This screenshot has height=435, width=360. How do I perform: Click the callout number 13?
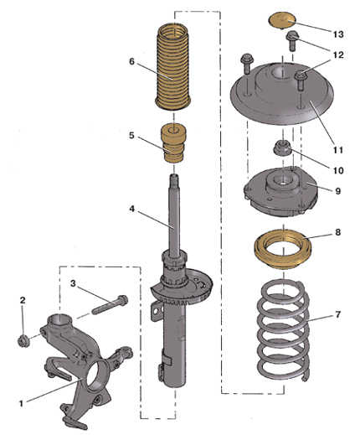[x=338, y=34]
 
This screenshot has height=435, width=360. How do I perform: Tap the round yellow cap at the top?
[x=282, y=20]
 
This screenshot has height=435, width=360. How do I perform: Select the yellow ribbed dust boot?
[x=173, y=67]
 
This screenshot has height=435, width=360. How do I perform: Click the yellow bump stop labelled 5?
[x=173, y=144]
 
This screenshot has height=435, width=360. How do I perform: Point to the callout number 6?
[x=132, y=61]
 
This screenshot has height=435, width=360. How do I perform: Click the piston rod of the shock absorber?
[x=173, y=215]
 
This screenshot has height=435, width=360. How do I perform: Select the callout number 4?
[x=132, y=209]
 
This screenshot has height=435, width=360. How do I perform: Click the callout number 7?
[x=338, y=314]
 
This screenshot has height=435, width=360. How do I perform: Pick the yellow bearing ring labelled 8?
[x=283, y=249]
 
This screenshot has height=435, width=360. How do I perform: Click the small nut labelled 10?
[x=282, y=148]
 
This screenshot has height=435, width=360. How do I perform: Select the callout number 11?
[x=338, y=150]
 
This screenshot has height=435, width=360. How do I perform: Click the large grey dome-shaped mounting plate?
[x=282, y=94]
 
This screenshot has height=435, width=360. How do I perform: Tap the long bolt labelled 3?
[x=110, y=305]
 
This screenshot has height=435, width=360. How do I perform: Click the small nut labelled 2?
[x=23, y=341]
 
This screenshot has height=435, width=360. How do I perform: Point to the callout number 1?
[x=21, y=403]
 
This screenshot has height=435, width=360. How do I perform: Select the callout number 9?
[x=338, y=191]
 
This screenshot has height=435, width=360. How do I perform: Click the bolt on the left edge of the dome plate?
[x=246, y=64]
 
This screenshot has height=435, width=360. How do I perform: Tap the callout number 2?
[x=23, y=300]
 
